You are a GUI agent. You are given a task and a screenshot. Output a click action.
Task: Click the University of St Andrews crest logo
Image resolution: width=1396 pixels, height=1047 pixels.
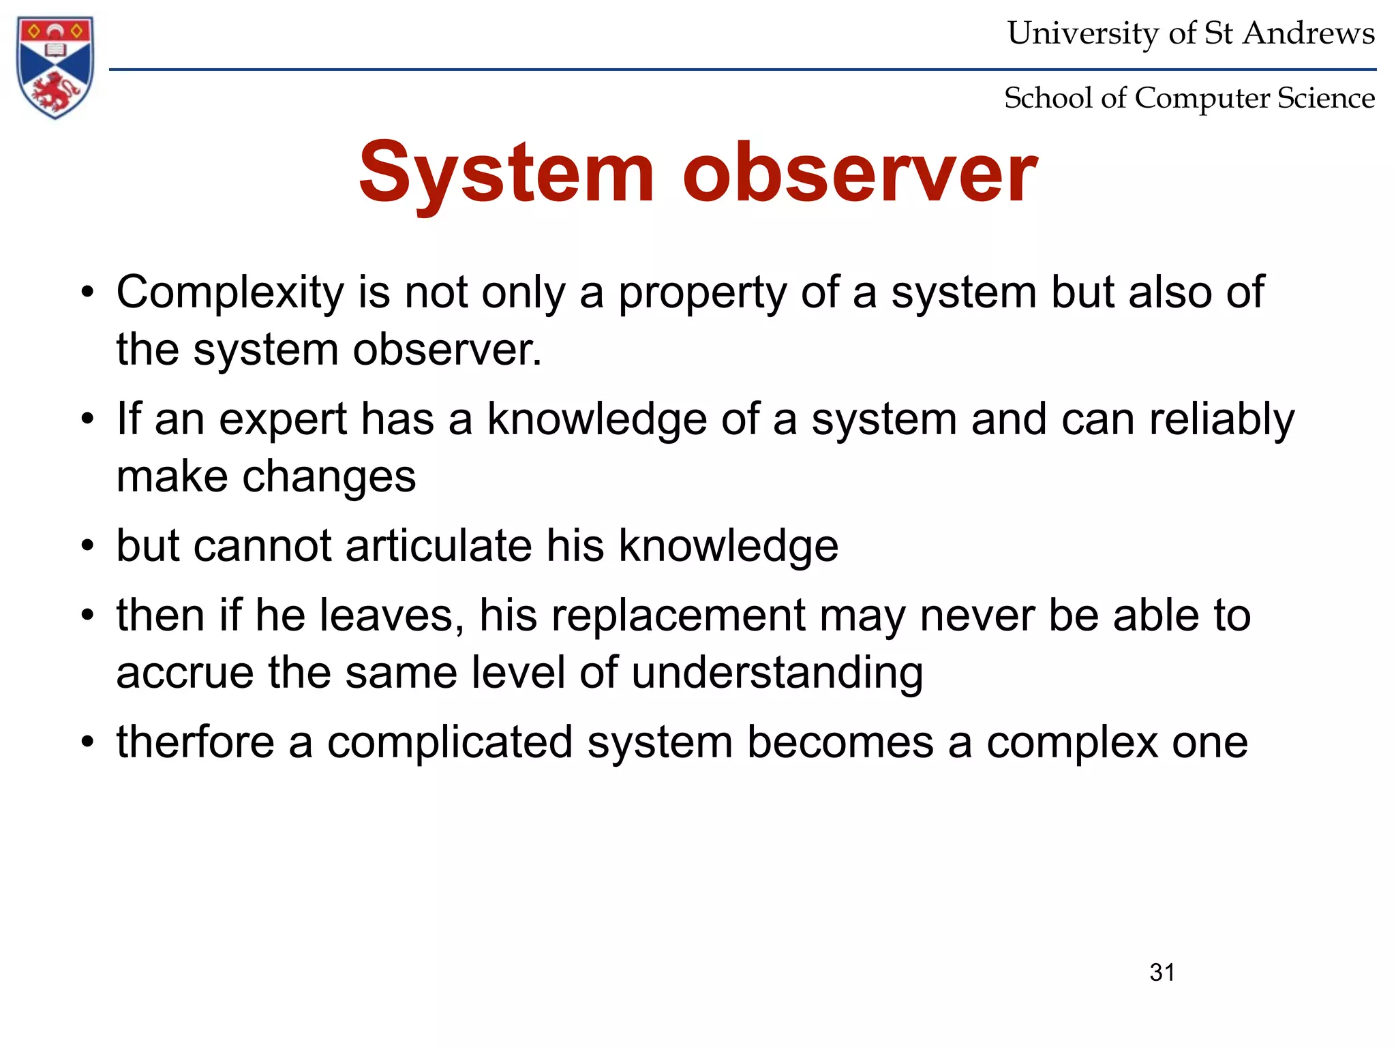pos(55,67)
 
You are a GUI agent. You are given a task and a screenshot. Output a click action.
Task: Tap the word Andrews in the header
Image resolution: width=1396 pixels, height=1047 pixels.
pos(1308,33)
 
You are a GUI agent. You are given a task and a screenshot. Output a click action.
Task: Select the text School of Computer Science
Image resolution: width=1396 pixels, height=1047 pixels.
pos(1189,98)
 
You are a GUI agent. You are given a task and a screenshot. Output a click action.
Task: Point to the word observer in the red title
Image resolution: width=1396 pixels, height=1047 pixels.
pos(860,173)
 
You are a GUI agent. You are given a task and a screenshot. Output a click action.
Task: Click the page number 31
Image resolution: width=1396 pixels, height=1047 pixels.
pos(1162,972)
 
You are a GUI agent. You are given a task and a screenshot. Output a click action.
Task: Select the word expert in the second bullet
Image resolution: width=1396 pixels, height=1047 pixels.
pos(283,419)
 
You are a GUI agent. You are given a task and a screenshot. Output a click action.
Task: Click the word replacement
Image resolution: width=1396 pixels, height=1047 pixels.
pos(678,616)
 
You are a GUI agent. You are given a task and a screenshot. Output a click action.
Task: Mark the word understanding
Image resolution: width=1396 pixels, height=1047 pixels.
pos(777,673)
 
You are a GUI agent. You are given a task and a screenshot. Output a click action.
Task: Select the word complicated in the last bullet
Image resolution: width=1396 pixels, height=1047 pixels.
pos(450,742)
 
